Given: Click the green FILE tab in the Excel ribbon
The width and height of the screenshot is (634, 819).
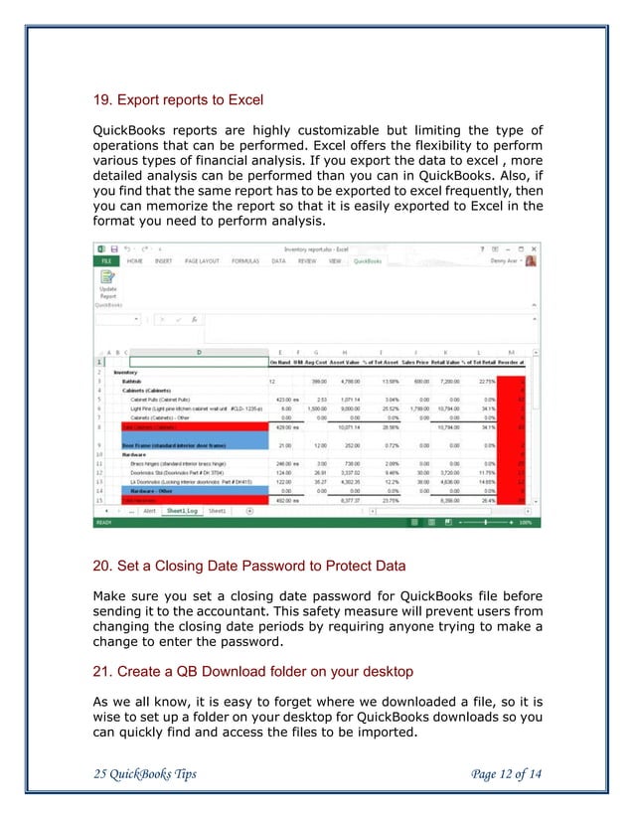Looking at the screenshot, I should point(105,261).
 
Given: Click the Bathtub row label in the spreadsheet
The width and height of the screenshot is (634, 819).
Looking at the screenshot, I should point(132,380).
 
